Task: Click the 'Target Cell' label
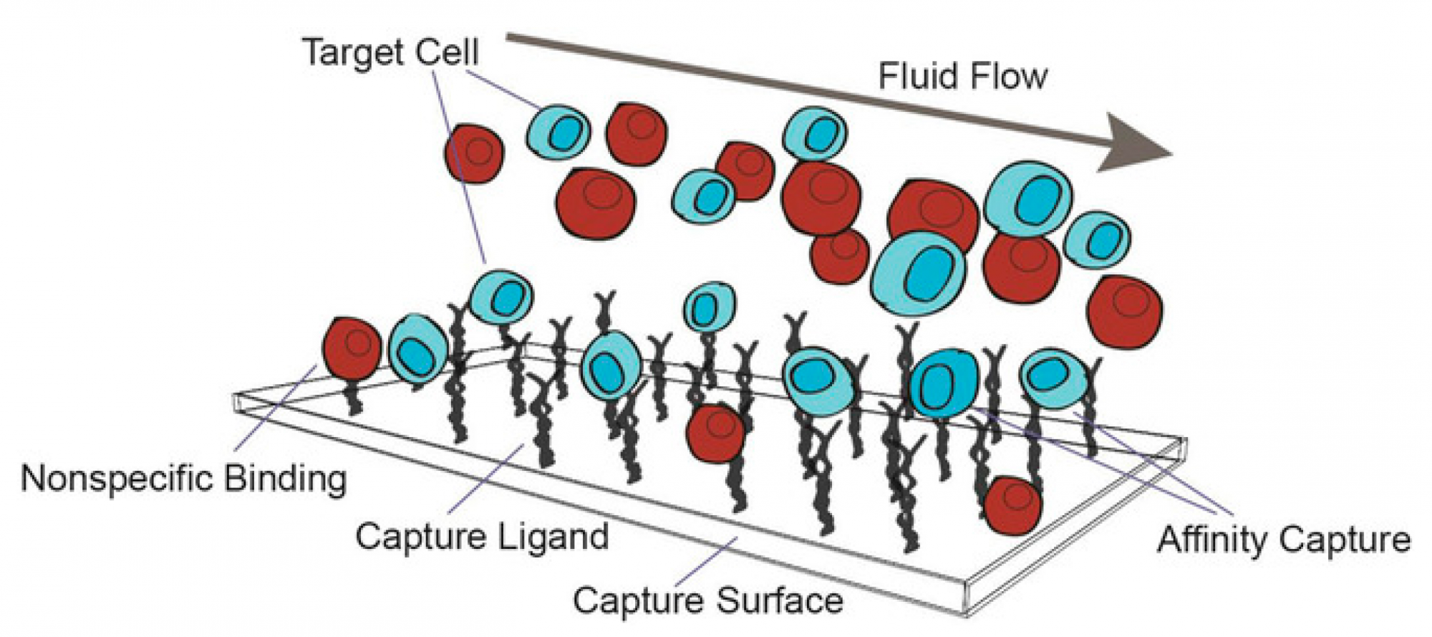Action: click(x=391, y=52)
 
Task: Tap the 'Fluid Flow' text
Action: click(x=962, y=76)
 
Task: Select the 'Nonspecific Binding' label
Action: click(x=184, y=478)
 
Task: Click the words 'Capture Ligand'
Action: click(x=482, y=536)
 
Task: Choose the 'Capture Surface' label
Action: click(x=707, y=599)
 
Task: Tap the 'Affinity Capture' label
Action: click(x=1284, y=539)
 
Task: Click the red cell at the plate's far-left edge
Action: click(x=352, y=348)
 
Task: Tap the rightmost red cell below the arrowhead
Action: click(x=1124, y=312)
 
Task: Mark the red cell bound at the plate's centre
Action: click(x=715, y=433)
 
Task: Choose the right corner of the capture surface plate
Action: click(x=1184, y=446)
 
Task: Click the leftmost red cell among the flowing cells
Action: click(x=473, y=153)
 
